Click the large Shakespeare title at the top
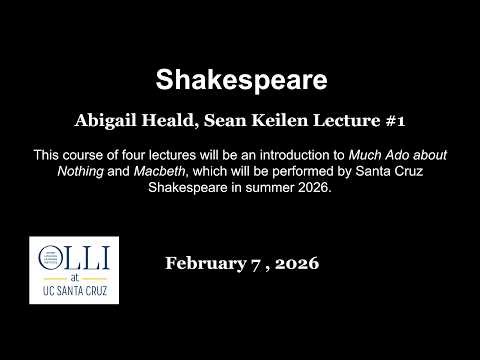pyautogui.click(x=240, y=79)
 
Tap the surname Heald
pyautogui.click(x=172, y=120)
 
